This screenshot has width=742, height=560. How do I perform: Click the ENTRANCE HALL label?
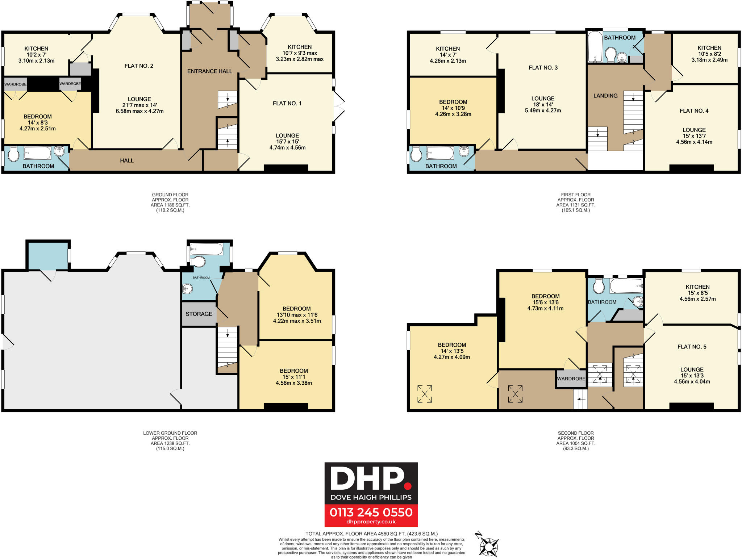pyautogui.click(x=209, y=71)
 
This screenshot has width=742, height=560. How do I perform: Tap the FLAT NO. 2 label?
pyautogui.click(x=139, y=66)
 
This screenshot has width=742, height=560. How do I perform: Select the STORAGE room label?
pyautogui.click(x=199, y=314)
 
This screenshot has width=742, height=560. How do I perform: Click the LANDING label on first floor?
pyautogui.click(x=605, y=96)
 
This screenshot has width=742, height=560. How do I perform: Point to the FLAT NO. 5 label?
pyautogui.click(x=692, y=347)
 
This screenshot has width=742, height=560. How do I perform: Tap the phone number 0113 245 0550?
pyautogui.click(x=371, y=512)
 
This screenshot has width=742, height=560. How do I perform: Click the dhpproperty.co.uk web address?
pyautogui.click(x=371, y=522)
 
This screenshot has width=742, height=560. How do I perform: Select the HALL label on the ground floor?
pyautogui.click(x=127, y=160)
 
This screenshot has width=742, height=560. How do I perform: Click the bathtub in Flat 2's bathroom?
pyautogui.click(x=38, y=153)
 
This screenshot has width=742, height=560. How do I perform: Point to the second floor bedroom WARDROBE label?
pyautogui.click(x=571, y=379)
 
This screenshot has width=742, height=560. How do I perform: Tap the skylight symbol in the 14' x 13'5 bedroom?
pyautogui.click(x=425, y=394)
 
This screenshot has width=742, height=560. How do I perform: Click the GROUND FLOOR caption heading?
pyautogui.click(x=170, y=195)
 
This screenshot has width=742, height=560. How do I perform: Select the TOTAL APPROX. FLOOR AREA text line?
pyautogui.click(x=371, y=534)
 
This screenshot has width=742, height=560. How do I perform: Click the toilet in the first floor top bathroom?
pyautogui.click(x=611, y=54)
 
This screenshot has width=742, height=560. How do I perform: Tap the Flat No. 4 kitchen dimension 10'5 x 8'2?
pyautogui.click(x=709, y=54)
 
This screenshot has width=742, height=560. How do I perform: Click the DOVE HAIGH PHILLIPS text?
pyautogui.click(x=371, y=497)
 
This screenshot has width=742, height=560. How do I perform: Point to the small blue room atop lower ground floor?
pyautogui.click(x=48, y=255)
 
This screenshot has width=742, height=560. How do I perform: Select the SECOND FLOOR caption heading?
pyautogui.click(x=576, y=433)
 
